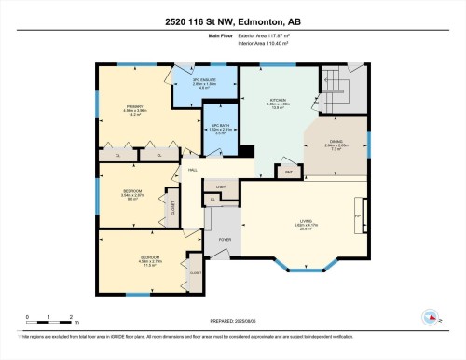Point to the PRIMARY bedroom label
pos(131,107)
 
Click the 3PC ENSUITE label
pos(203,80)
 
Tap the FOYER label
pos(225,240)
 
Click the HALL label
pos(192,170)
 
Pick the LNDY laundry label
pos(222,187)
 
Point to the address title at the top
pos(232,21)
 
